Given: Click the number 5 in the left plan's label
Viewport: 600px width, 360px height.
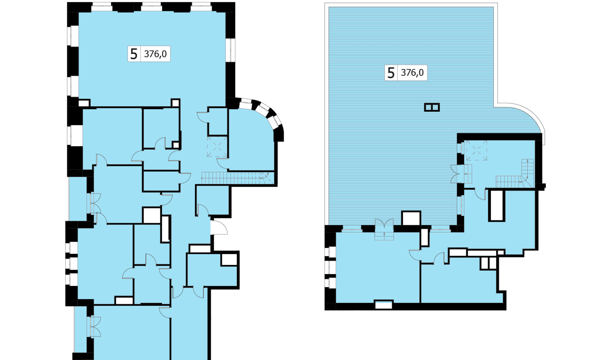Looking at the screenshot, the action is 134,54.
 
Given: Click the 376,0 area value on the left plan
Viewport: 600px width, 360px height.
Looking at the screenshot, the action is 155,54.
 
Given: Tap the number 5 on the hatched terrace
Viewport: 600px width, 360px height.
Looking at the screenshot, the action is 391,73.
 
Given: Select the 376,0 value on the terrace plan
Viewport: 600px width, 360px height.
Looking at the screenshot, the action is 412,73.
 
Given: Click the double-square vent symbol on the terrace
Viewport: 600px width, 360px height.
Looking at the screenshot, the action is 432,107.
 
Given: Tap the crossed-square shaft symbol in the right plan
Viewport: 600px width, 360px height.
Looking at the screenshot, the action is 477,150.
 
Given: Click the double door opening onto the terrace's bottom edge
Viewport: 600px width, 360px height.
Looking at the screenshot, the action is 384,229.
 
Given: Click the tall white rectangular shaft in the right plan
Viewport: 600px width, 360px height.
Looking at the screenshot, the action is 497,205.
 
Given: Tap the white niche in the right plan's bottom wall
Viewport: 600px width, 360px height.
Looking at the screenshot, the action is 384,305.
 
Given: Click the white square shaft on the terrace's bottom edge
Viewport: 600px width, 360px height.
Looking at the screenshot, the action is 411,218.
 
